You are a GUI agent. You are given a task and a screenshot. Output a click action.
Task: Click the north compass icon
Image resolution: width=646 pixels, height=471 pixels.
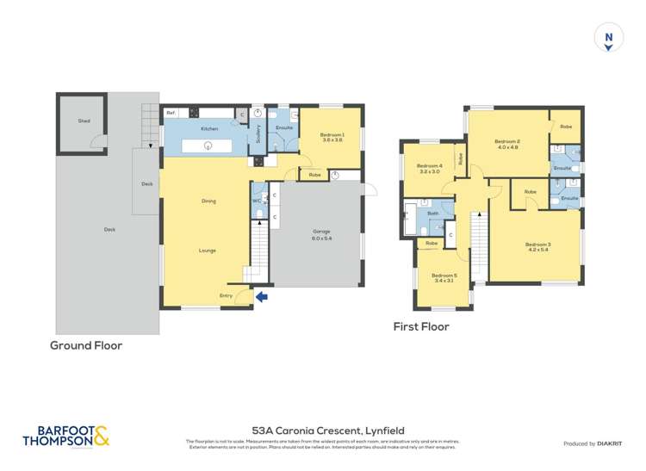point(608,39)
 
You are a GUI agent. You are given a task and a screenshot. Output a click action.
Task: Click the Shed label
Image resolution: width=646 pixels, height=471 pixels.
point(84,121)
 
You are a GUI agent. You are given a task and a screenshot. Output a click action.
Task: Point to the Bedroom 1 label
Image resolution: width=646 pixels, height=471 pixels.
point(332,136)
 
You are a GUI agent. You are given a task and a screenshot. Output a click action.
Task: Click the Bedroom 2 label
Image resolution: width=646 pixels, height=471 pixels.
point(506,143)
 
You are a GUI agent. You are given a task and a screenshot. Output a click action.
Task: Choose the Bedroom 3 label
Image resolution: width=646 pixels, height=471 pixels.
point(537,246)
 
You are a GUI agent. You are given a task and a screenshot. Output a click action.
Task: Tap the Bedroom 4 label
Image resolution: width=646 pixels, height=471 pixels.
point(429,168)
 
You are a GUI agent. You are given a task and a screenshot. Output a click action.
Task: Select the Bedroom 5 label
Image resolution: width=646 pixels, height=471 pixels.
point(444,277)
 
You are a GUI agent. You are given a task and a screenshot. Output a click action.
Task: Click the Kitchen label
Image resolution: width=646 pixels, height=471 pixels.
point(208,129)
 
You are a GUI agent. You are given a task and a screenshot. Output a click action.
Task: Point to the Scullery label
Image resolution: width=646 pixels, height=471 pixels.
point(258,134)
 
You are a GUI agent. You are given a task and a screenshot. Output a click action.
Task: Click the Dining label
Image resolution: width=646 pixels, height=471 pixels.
point(208,201)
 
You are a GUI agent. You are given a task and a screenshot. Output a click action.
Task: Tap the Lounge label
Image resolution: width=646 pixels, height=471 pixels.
point(208,251)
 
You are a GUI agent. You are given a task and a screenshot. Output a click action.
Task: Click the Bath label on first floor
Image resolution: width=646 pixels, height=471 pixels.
point(432,213)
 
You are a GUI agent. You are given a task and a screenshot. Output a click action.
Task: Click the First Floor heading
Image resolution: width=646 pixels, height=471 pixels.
point(421,326)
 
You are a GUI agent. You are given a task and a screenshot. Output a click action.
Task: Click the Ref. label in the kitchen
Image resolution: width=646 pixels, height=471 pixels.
point(171,112)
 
